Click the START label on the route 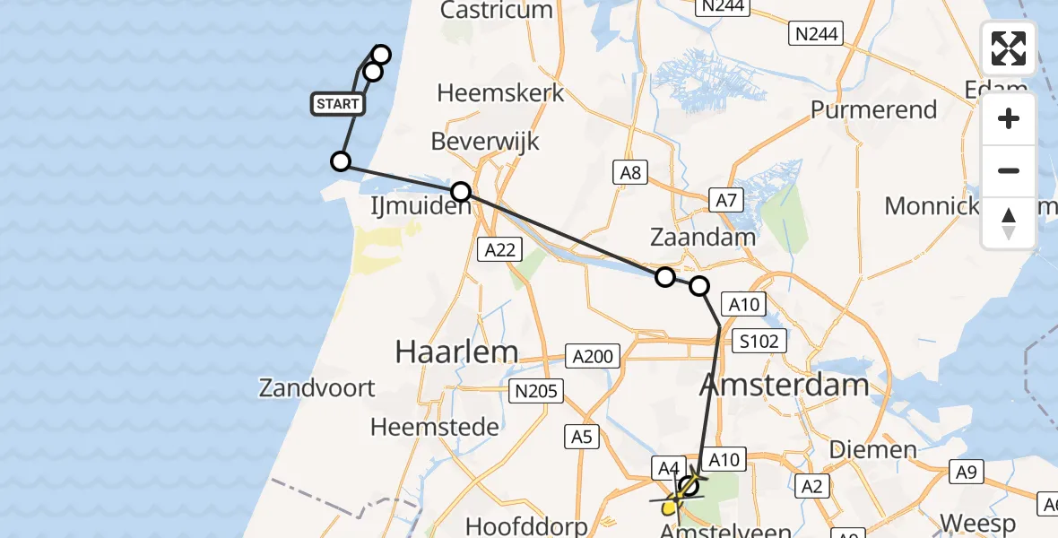pos(338,104)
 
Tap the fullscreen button pos(1009,48)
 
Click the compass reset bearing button pos(1009,222)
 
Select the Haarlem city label pos(456,351)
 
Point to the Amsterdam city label pos(783,386)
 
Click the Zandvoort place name pos(317,388)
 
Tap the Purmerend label pos(873,110)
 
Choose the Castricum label pos(497,11)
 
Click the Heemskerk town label pos(500,92)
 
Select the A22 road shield pos(499,249)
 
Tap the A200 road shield pos(593,357)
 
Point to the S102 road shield pos(759,341)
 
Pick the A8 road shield pos(630,172)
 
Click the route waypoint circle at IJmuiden pos(461,191)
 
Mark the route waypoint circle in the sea pos(341,161)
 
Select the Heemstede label pos(435,427)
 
